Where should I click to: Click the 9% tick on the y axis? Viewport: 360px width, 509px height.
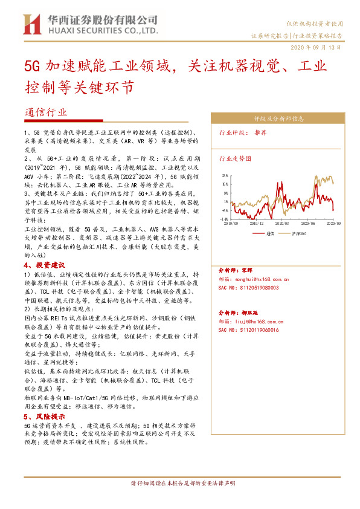click(225, 193)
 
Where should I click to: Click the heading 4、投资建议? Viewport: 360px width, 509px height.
click(43, 265)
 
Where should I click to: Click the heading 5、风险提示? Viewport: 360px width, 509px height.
click(43, 417)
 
